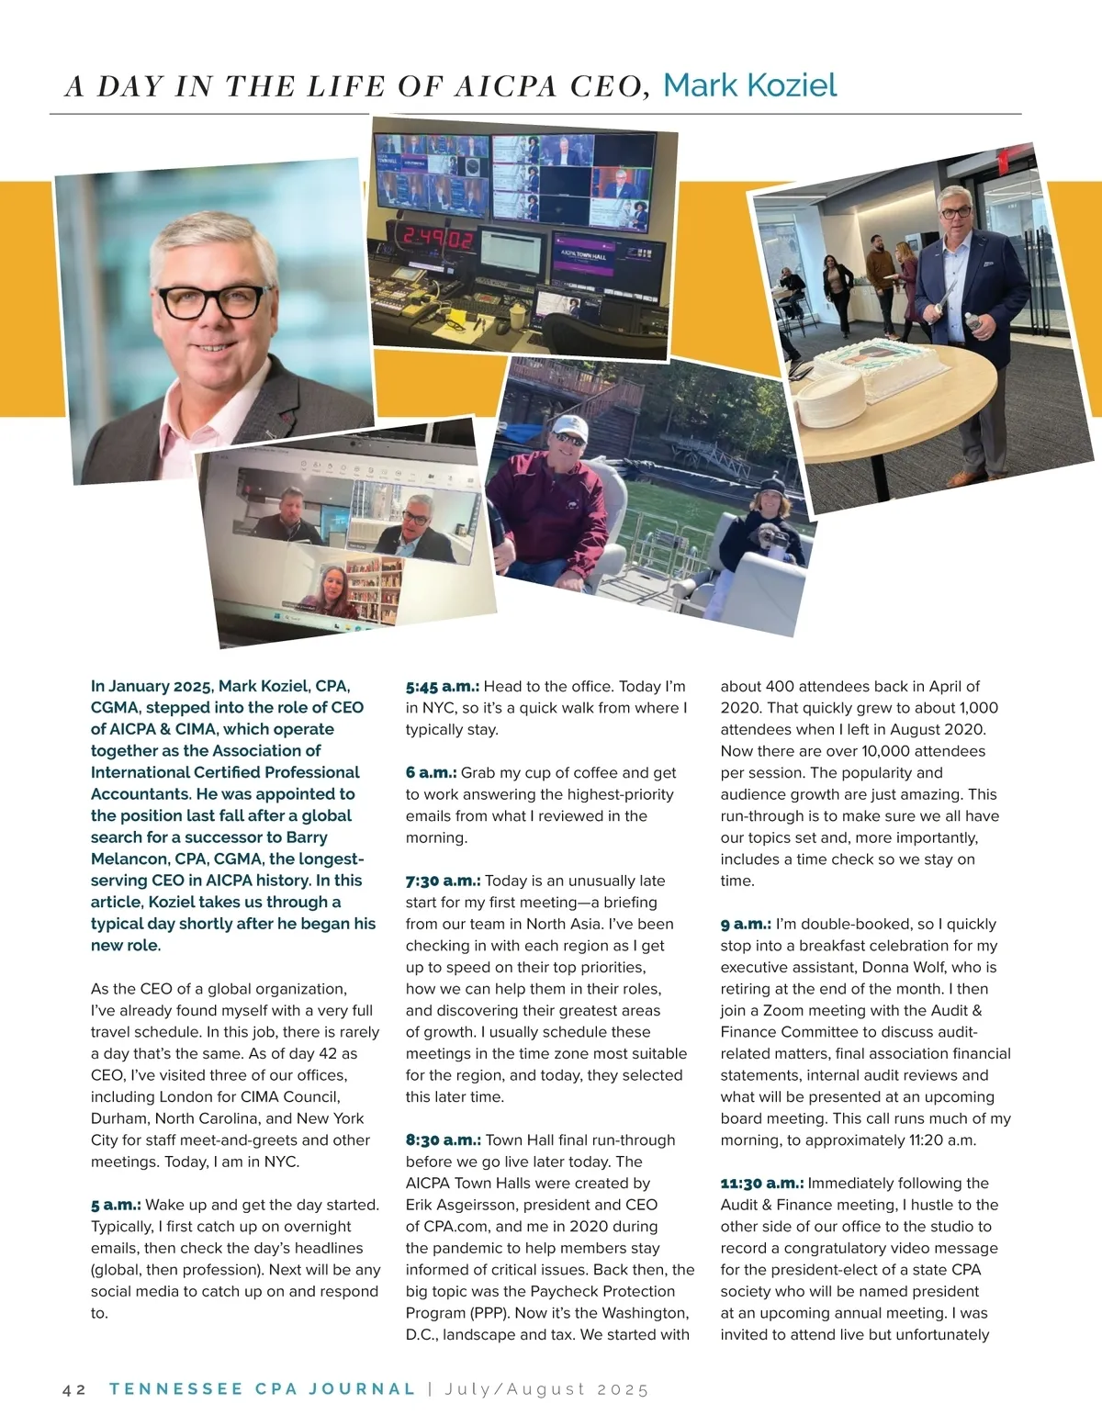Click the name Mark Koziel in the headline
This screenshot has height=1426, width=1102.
coord(749,85)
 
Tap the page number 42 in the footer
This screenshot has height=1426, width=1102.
coord(74,1389)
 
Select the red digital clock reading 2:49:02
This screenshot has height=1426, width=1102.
coord(438,241)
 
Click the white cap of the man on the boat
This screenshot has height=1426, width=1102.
coord(567,425)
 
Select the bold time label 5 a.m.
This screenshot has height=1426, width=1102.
coord(116,1205)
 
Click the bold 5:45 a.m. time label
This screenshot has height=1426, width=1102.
coord(443,686)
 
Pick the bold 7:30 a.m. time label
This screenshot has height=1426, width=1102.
coord(443,881)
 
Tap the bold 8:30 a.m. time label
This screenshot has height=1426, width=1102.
coord(443,1140)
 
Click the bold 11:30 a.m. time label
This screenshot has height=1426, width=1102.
coord(761,1183)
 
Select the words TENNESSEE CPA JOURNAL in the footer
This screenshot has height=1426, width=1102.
coord(262,1388)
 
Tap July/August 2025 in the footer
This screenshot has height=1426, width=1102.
coord(546,1389)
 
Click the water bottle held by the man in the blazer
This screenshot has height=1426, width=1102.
coord(973,323)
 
